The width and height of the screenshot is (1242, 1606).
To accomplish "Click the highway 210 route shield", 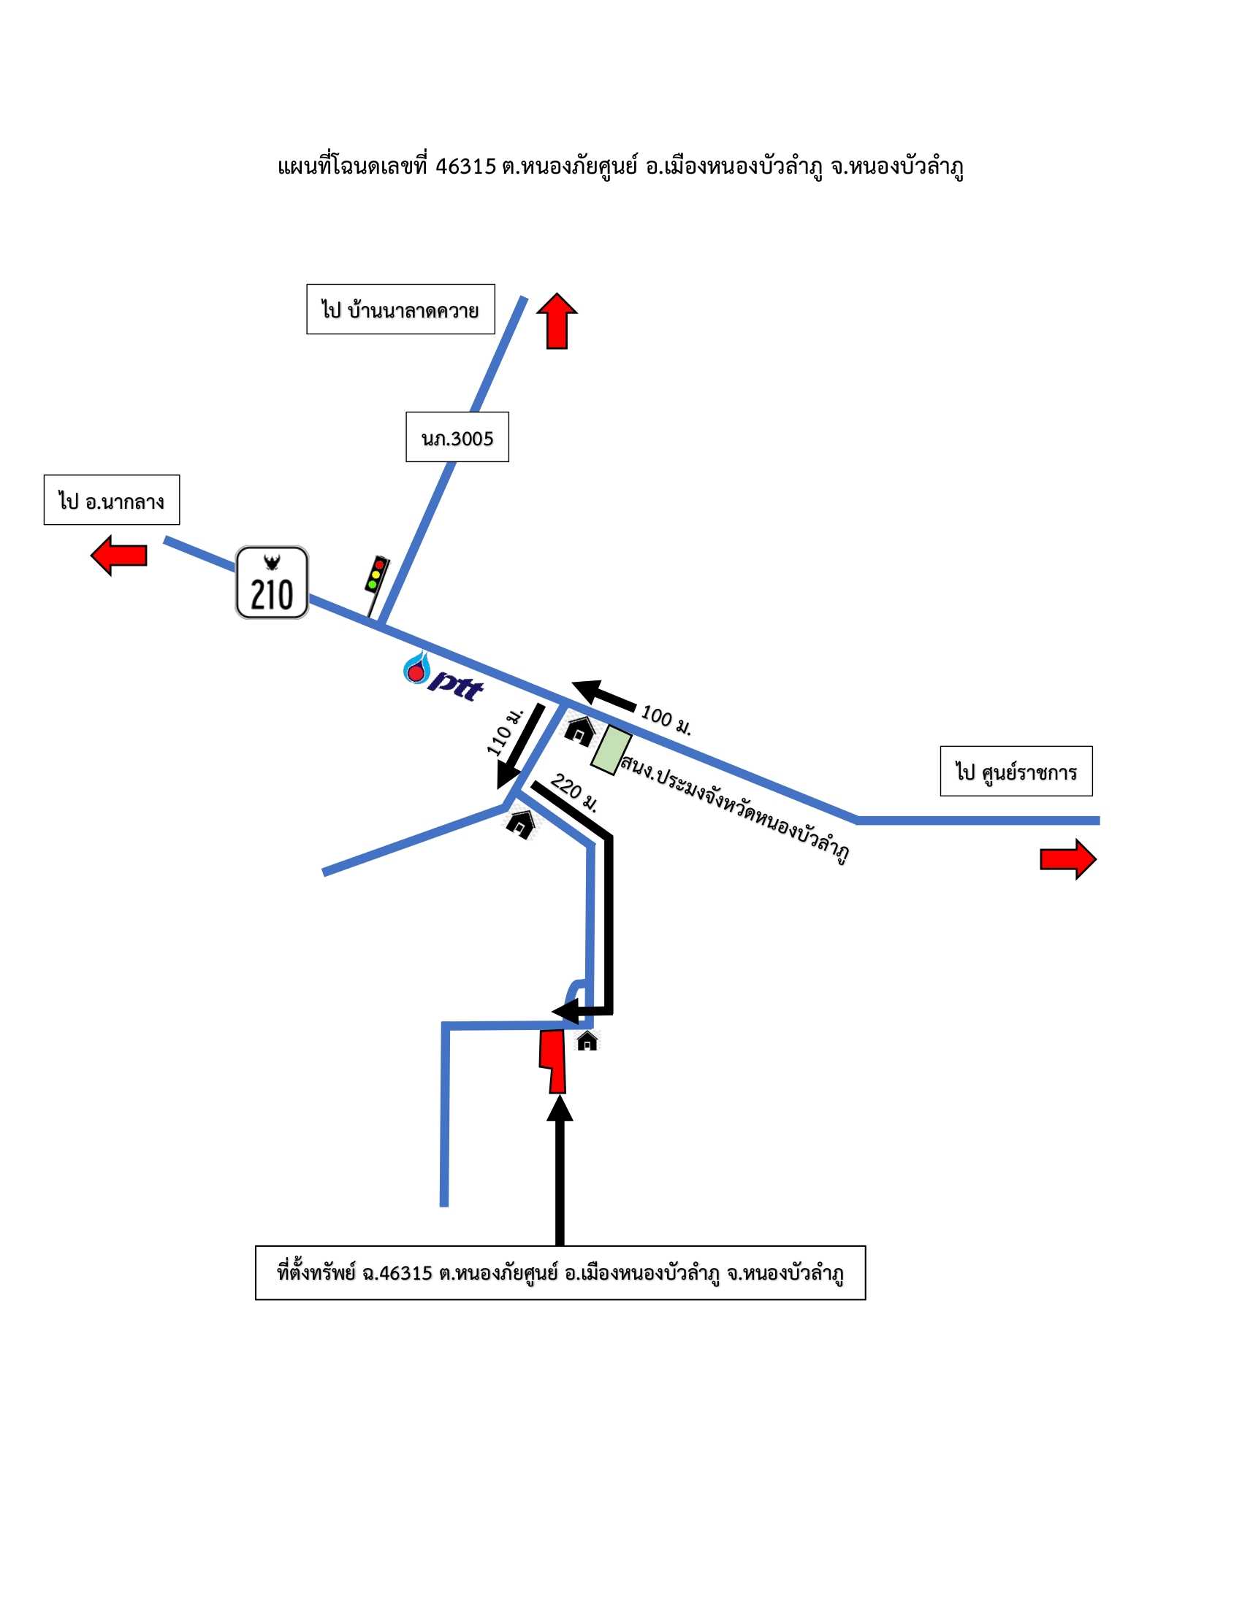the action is [x=272, y=583].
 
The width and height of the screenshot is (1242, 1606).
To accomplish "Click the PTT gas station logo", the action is [x=443, y=677].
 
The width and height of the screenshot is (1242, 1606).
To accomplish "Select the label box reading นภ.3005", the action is [x=457, y=437].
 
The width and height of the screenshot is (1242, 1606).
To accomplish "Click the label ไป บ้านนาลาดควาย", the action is [x=400, y=309].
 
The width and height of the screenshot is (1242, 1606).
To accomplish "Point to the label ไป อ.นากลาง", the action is [x=112, y=500].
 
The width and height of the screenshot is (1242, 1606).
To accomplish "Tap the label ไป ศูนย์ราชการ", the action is [x=1016, y=771].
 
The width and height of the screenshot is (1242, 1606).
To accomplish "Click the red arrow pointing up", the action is [x=557, y=321].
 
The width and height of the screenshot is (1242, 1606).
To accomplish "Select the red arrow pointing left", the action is [x=118, y=556].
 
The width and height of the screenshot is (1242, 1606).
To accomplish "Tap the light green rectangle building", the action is [x=612, y=750].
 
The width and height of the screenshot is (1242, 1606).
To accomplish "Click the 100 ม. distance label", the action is [x=666, y=720].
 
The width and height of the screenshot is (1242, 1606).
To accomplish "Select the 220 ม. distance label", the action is [x=574, y=792].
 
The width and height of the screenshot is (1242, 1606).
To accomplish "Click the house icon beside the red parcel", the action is [x=587, y=1040].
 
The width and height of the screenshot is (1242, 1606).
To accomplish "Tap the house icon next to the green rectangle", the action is [x=580, y=731].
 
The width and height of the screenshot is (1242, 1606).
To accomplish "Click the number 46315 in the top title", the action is [x=466, y=167].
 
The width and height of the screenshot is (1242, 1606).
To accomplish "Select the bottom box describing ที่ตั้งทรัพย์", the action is [x=560, y=1273].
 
